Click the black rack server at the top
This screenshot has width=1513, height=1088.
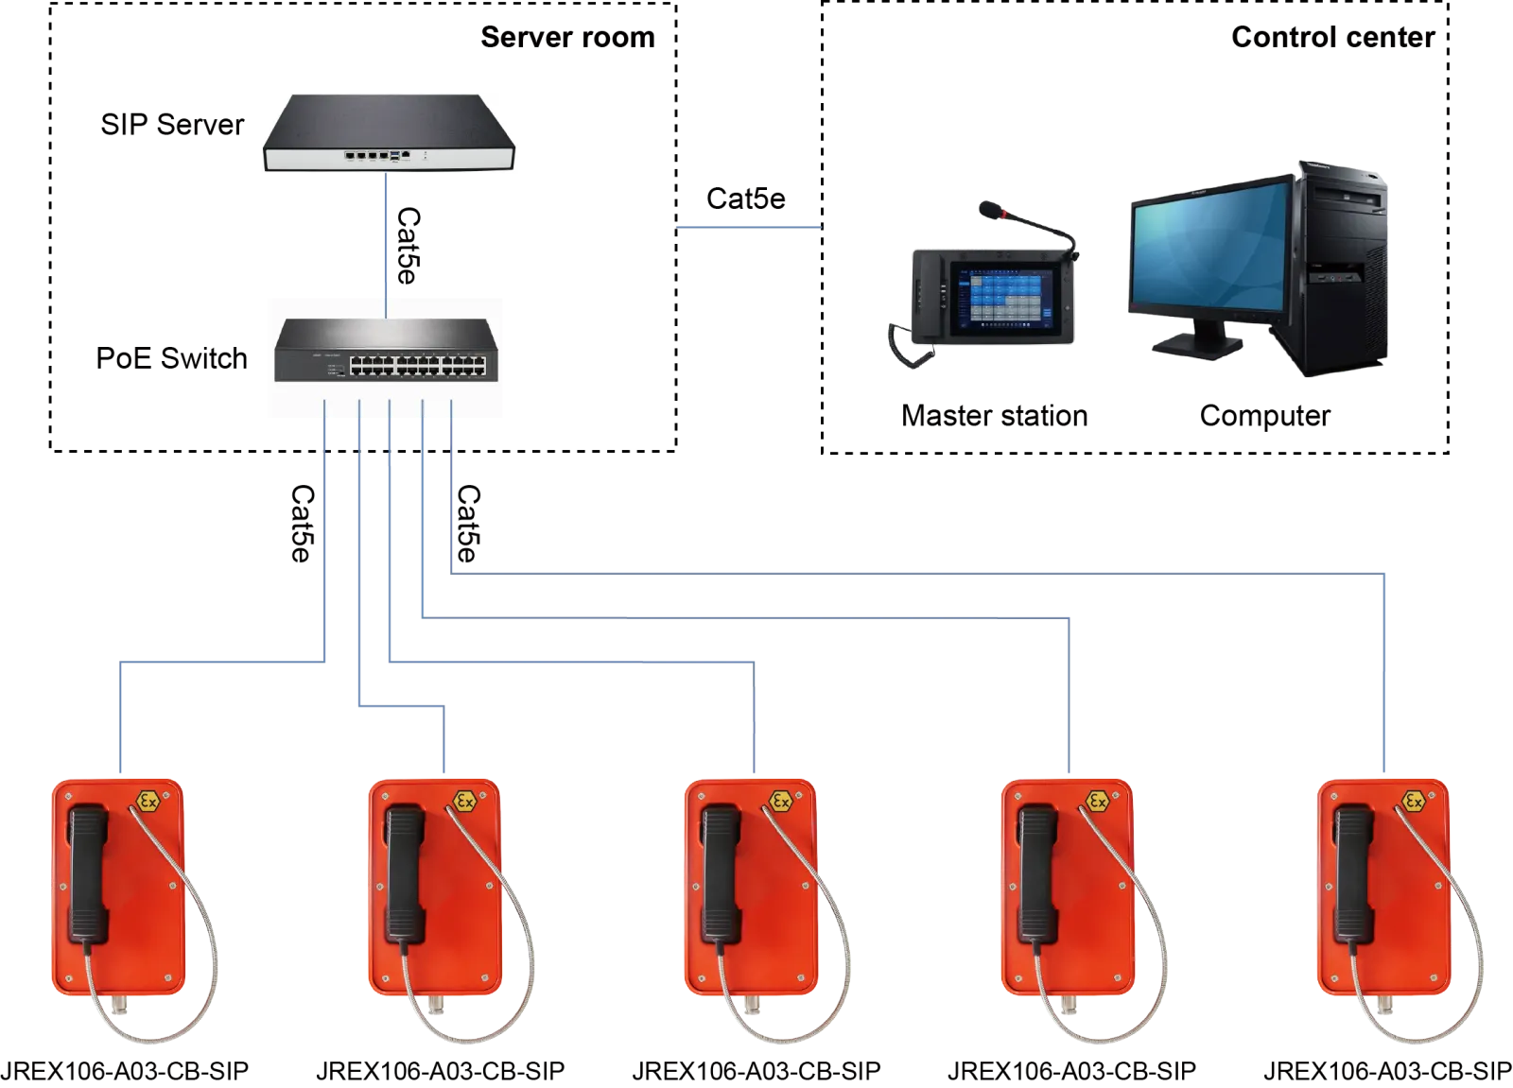pyautogui.click(x=390, y=133)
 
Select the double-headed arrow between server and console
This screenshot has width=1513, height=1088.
pyautogui.click(x=748, y=227)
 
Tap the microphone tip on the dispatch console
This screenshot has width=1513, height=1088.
pyautogui.click(x=988, y=207)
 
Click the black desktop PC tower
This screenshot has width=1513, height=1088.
pyautogui.click(x=1343, y=274)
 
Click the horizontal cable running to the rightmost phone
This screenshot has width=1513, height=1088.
pyautogui.click(x=917, y=570)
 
